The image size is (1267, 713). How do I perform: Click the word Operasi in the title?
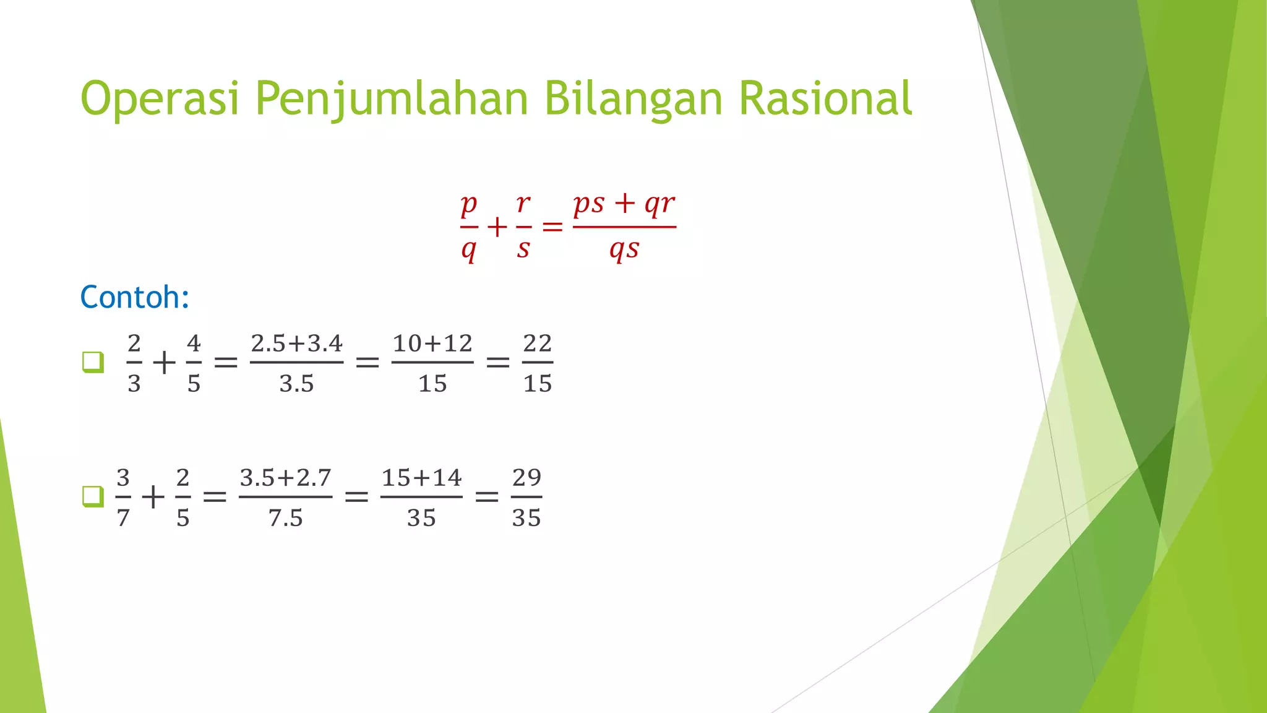coord(160,99)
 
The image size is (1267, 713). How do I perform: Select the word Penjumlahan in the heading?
coord(391,99)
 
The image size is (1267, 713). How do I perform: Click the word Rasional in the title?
coord(825,99)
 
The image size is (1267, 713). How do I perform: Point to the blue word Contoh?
coord(134,297)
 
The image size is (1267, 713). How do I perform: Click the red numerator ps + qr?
coord(624,203)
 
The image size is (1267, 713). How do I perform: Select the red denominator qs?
coord(624,249)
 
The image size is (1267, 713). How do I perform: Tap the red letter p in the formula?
coord(469,203)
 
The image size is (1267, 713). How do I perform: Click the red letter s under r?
coord(523,249)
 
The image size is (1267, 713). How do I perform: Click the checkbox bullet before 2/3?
coord(93,362)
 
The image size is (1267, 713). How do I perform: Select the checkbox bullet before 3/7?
coord(93,496)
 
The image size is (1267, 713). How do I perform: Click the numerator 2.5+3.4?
coord(296,344)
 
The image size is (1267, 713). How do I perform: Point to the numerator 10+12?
coord(432,344)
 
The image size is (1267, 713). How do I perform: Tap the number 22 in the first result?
coord(537,344)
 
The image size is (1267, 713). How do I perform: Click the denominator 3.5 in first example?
coord(296,384)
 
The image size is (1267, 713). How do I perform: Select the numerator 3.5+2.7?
coord(285,478)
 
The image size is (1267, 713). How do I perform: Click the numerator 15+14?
coord(421,478)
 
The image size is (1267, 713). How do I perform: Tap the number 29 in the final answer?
coord(526,478)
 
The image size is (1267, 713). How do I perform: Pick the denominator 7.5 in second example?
coord(285,518)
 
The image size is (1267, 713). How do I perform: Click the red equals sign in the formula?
coord(552,228)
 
